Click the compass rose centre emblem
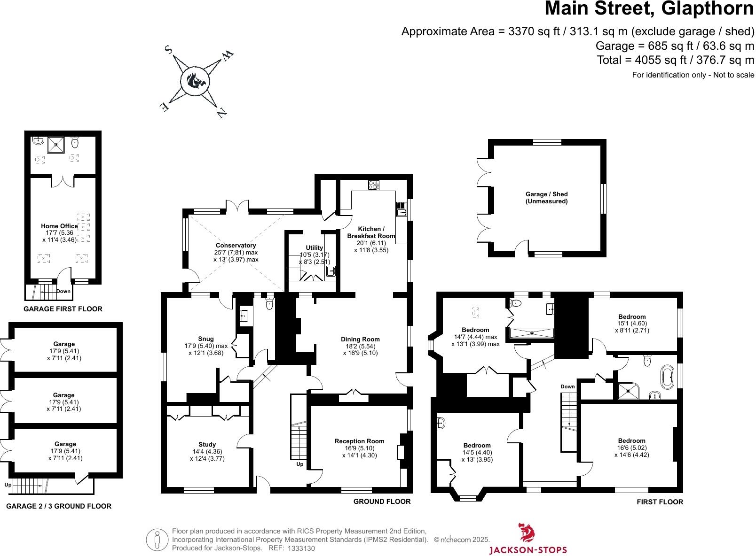click(194, 81)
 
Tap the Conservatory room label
click(236, 246)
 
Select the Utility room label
click(315, 248)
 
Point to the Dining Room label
click(360, 340)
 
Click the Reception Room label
click(359, 441)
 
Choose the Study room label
click(207, 445)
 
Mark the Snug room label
click(206, 339)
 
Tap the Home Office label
click(59, 226)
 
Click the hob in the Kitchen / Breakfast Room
click(374, 185)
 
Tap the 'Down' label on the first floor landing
click(567, 387)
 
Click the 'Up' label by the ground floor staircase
click(299, 464)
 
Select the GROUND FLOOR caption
click(382, 502)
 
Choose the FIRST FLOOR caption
click(660, 502)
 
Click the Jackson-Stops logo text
click(528, 550)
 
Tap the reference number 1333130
click(301, 548)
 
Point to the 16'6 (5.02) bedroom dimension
click(631, 448)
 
